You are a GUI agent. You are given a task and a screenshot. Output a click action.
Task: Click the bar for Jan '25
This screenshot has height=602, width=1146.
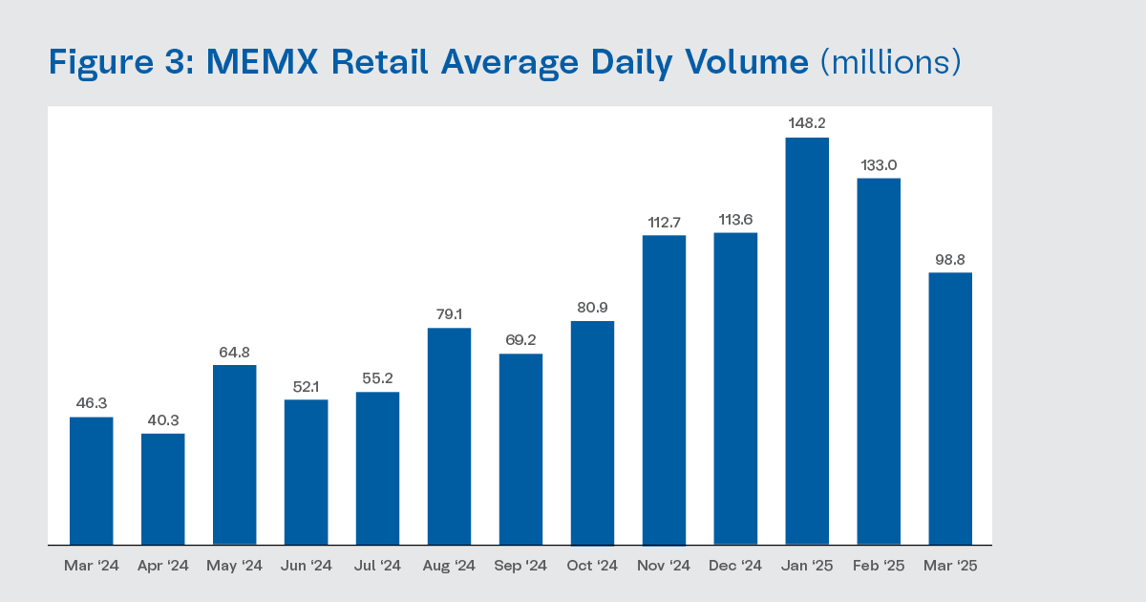[x=807, y=341]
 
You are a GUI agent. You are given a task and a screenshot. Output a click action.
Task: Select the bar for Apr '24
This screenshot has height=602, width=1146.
[x=163, y=489]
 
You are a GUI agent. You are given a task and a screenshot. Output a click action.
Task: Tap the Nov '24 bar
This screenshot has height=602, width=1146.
[x=664, y=390]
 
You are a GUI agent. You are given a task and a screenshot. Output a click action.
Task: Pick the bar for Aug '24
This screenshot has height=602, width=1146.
[x=449, y=437]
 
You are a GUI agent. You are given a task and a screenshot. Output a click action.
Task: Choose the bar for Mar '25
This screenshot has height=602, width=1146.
[x=950, y=409]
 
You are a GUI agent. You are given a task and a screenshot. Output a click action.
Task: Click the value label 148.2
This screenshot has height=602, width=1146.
[x=807, y=123]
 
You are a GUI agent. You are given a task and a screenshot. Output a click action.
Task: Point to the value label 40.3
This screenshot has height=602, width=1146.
[x=163, y=419]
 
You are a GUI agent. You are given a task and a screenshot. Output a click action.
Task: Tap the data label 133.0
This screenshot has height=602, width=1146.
[x=879, y=164]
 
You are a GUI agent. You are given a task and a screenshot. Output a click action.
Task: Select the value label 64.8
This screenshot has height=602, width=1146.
[x=235, y=351]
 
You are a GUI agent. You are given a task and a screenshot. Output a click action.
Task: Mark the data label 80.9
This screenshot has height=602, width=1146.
[x=592, y=307]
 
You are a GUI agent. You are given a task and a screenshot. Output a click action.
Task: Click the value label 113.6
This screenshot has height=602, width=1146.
[x=735, y=219]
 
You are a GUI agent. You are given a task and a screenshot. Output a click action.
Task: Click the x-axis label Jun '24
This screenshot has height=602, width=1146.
[x=307, y=566]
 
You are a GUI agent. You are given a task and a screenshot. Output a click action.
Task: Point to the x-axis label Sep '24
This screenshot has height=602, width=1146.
[x=520, y=566]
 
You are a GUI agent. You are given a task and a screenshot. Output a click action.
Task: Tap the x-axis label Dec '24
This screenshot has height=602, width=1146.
[x=735, y=566]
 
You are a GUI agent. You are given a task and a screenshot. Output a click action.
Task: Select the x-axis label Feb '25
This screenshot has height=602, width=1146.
[x=879, y=566]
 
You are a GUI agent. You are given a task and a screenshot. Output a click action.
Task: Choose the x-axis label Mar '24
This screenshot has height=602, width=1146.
[x=92, y=566]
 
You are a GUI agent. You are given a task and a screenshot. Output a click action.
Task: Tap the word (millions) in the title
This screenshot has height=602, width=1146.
[x=890, y=63]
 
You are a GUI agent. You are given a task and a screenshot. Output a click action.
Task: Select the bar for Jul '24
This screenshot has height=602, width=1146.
[x=377, y=468]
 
